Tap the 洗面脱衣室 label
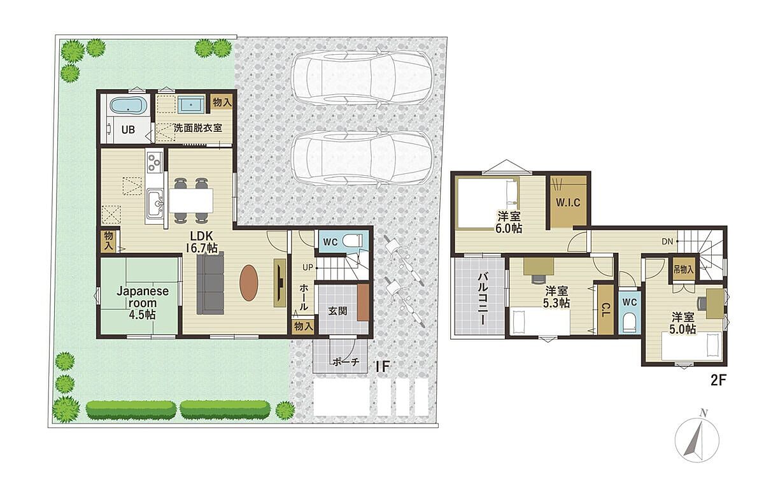pos(198,128)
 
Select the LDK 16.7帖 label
pos(202,241)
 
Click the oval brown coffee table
pos(249,283)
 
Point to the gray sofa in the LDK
pos(211,283)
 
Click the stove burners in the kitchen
pos(154,162)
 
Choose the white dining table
pos(191,201)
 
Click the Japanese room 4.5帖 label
pos(143,303)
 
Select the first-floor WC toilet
pos(352,241)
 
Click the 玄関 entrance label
pos(337,311)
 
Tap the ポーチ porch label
pos(345,362)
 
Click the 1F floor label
pos(383,367)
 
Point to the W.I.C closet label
pos(568,203)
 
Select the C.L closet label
pos(604,309)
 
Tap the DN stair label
pos(667,241)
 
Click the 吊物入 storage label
pos(684,270)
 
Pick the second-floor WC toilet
pos(629,322)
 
